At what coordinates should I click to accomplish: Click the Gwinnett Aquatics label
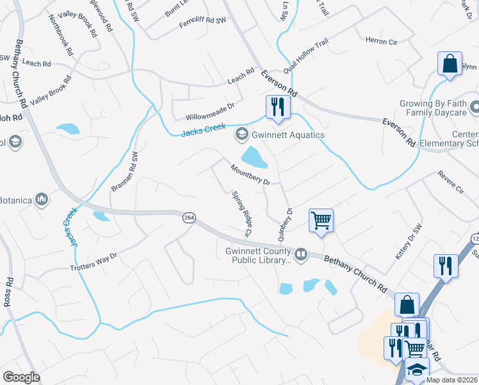pos(288,135)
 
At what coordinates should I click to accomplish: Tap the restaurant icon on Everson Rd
pos(277,107)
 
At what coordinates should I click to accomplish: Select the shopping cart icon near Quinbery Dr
pos(321,220)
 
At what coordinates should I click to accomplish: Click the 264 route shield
pos(188,218)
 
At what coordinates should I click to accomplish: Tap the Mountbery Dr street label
pos(250,174)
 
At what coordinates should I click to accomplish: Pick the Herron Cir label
pos(381,41)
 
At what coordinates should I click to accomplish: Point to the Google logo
pos(21,377)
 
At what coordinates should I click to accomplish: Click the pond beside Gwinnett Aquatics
pos(253,156)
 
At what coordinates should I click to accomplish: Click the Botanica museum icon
pos(42,200)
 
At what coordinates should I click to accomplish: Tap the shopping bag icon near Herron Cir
pos(450,64)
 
